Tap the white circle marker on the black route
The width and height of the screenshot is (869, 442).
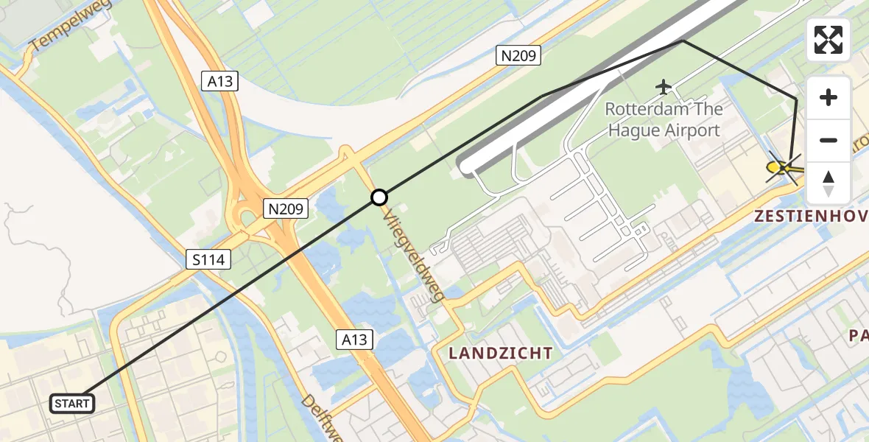379,197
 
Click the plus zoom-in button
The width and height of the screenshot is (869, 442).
828,97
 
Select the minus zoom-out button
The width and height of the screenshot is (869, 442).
828,140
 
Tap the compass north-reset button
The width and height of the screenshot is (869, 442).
828,183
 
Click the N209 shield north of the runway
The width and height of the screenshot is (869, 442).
518,55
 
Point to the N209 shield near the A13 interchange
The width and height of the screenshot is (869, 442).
285,209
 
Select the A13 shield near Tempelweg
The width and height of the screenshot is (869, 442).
219,81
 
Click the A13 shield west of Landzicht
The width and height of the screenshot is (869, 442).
355,340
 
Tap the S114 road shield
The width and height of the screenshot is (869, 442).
209,259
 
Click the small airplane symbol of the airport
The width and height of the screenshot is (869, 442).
664,87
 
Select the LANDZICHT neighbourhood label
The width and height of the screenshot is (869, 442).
501,353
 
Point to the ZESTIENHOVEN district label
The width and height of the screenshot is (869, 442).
810,217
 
